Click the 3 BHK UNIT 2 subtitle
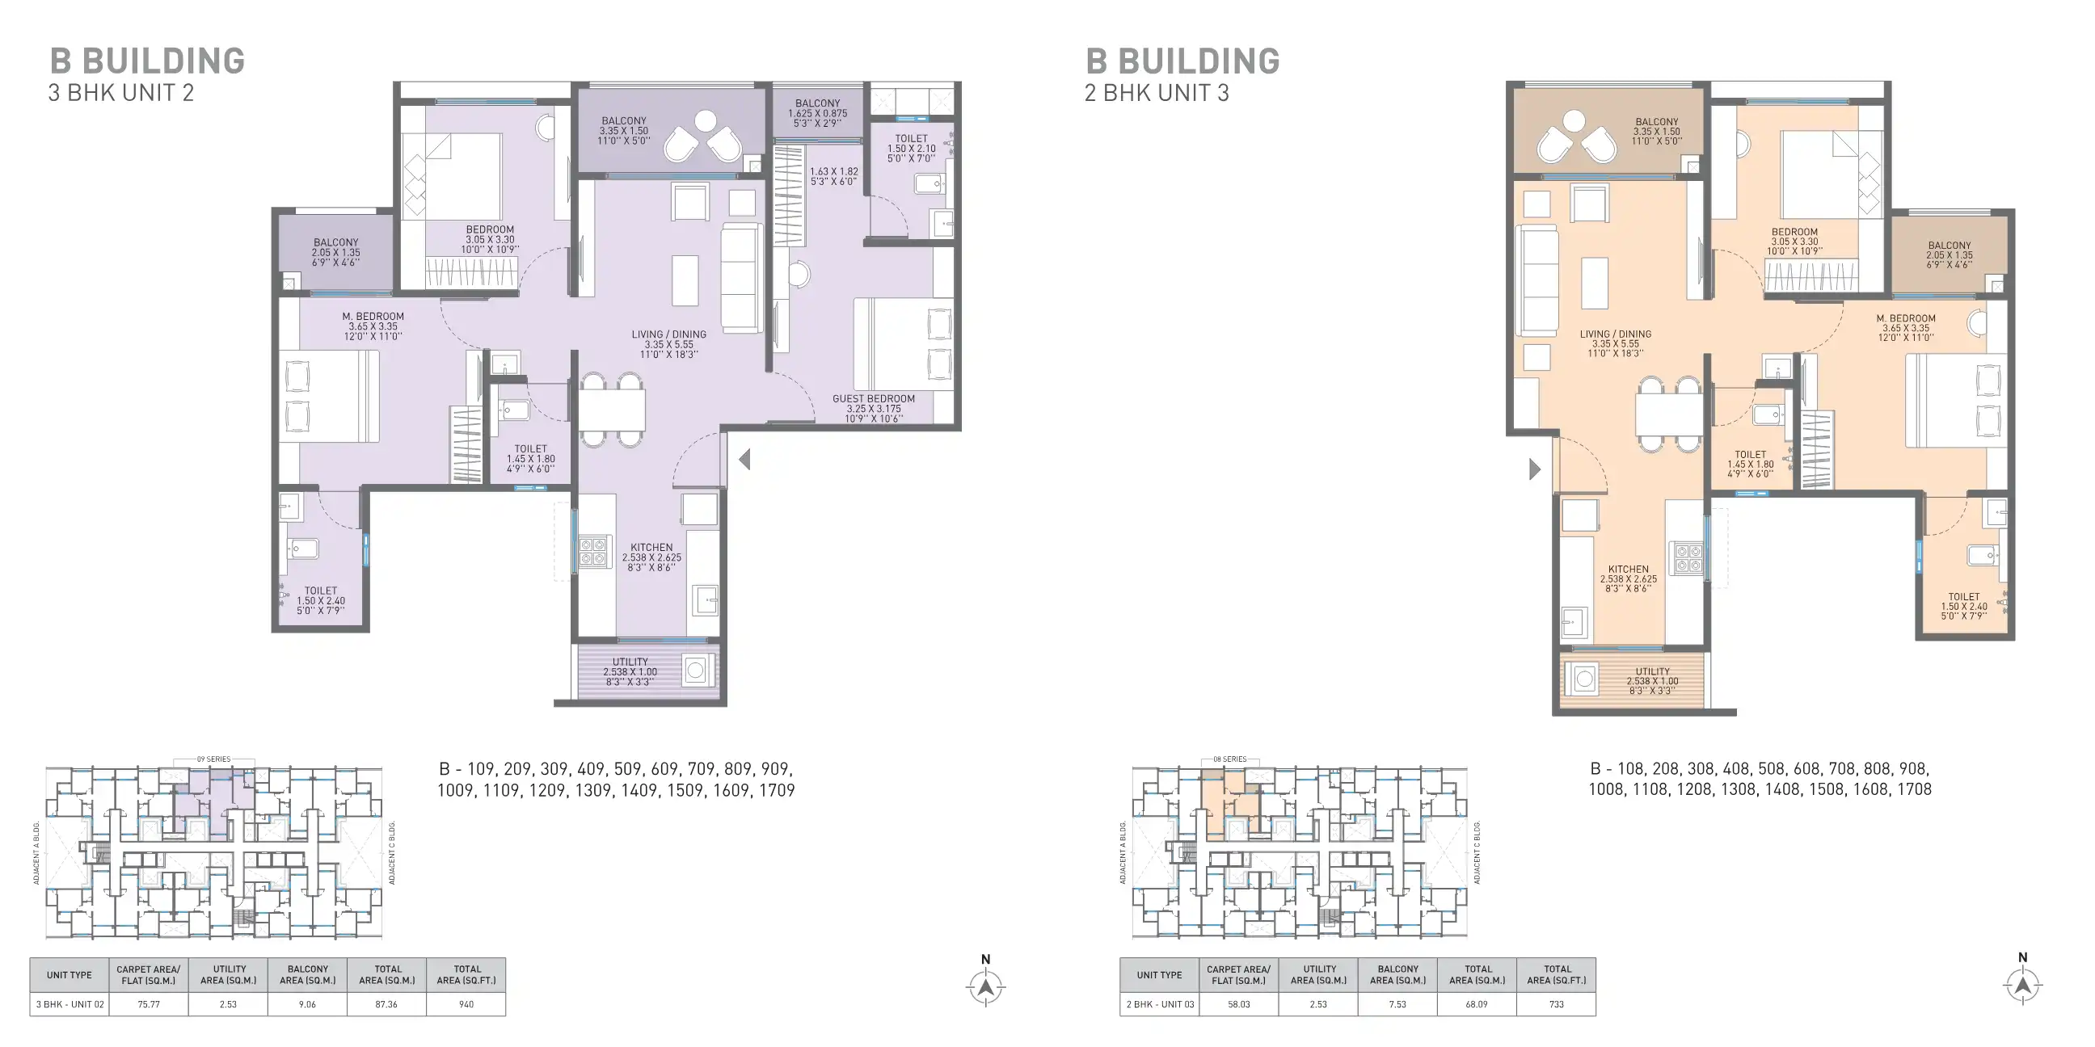121,93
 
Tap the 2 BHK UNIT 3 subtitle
1157,93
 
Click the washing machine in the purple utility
695,671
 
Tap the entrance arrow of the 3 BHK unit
744,460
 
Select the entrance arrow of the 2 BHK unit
1535,469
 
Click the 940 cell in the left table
466,1004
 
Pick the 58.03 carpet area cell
1238,1004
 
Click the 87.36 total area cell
387,1004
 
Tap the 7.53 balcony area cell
1397,1004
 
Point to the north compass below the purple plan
986,986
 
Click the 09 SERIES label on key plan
213,759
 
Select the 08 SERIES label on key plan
1229,759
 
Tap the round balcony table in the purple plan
705,121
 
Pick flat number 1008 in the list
1605,789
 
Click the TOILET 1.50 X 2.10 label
911,149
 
